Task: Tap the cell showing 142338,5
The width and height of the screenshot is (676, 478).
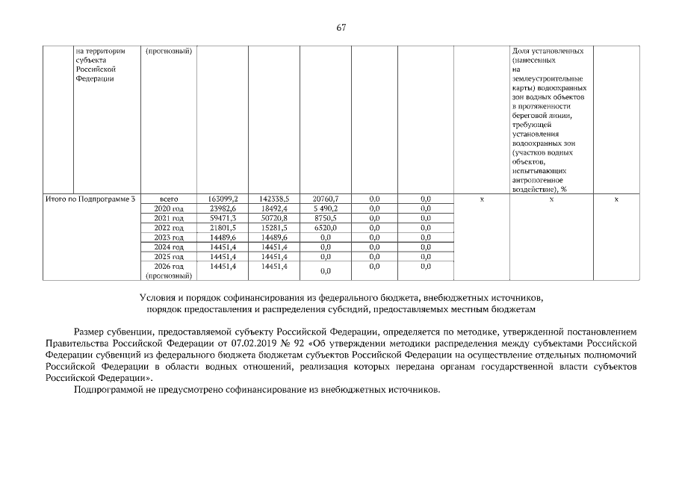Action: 273,199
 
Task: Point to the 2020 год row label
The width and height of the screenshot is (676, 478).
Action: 168,208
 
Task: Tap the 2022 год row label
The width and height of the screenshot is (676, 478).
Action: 168,228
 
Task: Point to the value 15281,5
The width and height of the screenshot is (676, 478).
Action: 273,228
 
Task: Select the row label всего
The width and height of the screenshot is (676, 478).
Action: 168,199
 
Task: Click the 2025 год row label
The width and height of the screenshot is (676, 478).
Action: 168,256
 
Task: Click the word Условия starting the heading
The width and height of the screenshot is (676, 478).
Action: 155,297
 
